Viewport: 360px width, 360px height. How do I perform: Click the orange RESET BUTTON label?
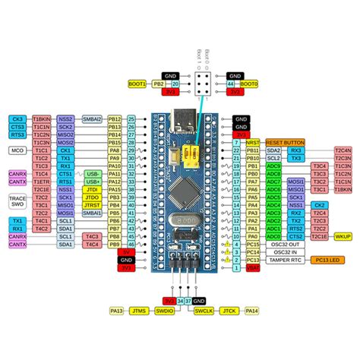pos(285,142)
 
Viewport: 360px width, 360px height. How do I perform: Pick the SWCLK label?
pos(202,311)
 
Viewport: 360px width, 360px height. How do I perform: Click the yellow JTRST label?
pos(92,205)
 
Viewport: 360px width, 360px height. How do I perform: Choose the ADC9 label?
pos(274,166)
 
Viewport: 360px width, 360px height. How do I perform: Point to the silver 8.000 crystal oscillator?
pos(179,219)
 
